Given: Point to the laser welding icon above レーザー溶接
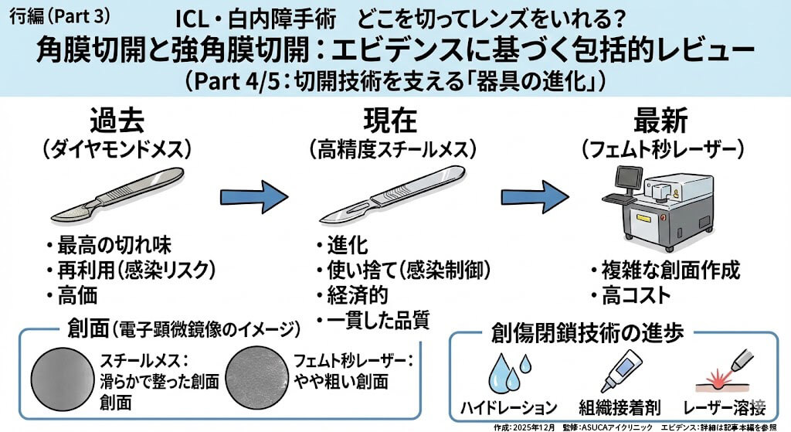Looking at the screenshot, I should (x=726, y=372).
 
